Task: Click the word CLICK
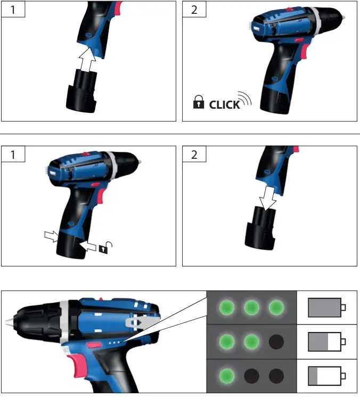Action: (x=224, y=105)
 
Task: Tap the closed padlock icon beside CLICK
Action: (x=198, y=103)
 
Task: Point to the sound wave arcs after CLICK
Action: (x=245, y=99)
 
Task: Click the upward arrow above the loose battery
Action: (x=87, y=61)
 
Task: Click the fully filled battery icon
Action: (x=326, y=307)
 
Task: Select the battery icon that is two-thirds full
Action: (x=326, y=341)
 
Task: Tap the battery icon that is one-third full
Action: (x=326, y=374)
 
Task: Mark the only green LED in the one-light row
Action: (x=226, y=374)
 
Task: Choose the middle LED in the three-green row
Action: (x=251, y=307)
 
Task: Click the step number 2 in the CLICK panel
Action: (x=193, y=10)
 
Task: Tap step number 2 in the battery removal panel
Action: (x=193, y=155)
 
